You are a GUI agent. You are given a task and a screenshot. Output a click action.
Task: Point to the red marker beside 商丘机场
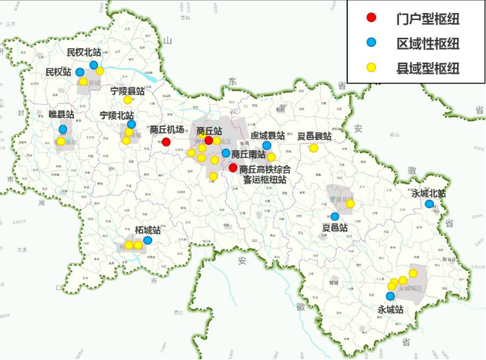166,142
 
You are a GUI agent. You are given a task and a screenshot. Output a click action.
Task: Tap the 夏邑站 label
335,227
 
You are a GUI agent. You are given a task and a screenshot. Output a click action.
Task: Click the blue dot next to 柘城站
148,241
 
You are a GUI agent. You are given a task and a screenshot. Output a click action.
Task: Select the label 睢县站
61,114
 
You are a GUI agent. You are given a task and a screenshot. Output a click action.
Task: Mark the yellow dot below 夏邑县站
313,148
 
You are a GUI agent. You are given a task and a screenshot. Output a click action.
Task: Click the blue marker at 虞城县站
266,146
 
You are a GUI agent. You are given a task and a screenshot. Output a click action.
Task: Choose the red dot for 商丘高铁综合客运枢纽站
233,168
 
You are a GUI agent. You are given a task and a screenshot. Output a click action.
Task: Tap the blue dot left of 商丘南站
226,152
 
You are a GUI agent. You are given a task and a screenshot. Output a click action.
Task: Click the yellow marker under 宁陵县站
128,100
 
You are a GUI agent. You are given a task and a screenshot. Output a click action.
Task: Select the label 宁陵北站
117,115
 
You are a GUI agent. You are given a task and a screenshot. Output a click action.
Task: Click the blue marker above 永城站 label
390,297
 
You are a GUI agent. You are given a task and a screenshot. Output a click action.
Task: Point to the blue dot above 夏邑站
335,216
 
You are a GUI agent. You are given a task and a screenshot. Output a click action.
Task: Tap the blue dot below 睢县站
64,129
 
